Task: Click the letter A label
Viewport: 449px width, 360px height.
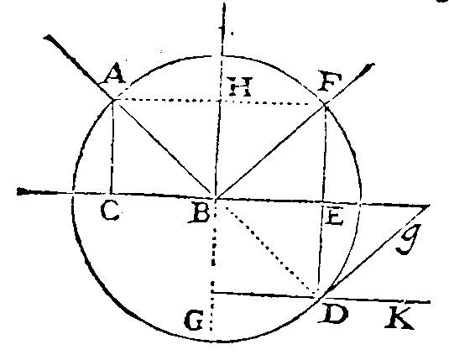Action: click(115, 74)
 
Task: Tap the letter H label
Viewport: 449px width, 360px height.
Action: click(239, 86)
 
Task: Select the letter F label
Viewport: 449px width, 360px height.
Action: click(331, 82)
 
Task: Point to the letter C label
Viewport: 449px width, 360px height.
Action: click(110, 211)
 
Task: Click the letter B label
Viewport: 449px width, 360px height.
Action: click(200, 213)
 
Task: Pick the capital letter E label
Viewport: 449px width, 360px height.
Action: click(334, 217)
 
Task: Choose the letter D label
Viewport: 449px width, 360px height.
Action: click(333, 314)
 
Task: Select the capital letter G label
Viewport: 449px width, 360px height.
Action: click(194, 320)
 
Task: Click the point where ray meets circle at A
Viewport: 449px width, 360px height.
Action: click(113, 99)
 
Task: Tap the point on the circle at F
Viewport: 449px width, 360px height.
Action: click(325, 105)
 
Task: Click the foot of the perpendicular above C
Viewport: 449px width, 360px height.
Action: click(111, 193)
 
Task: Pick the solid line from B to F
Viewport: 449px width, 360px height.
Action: click(270, 151)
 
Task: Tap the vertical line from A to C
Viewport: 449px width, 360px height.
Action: click(112, 146)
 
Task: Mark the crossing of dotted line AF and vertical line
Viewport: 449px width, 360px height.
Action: click(220, 101)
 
